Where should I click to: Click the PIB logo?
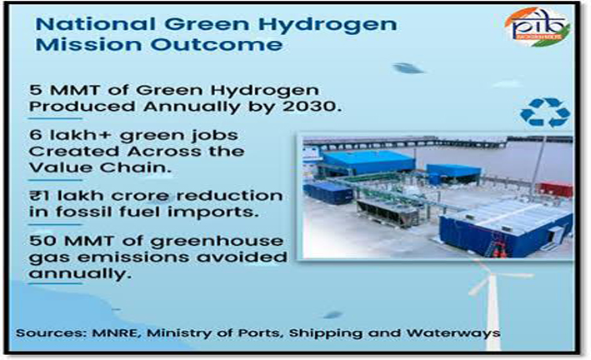538,27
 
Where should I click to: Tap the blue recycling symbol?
545,112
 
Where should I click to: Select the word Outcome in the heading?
217,44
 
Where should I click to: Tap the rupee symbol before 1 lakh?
33,196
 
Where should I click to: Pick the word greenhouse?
217,242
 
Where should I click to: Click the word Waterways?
453,333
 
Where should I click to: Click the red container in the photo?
555,189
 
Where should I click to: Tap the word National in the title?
95,25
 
